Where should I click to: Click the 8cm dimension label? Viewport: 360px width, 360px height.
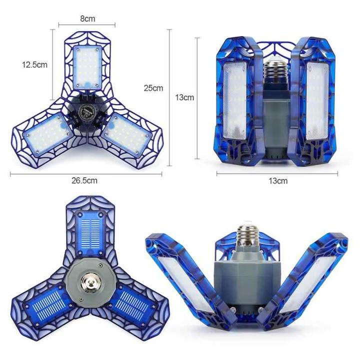click(87, 19)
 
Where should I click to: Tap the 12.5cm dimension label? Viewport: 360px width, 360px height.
click(34, 64)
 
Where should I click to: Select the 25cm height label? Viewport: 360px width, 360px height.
click(153, 88)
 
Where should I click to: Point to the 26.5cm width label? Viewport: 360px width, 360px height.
click(85, 180)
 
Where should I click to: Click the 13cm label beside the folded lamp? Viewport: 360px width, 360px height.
click(185, 97)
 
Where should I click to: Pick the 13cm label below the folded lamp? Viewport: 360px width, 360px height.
click(278, 181)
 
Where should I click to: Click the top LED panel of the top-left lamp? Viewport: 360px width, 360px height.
click(89, 67)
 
